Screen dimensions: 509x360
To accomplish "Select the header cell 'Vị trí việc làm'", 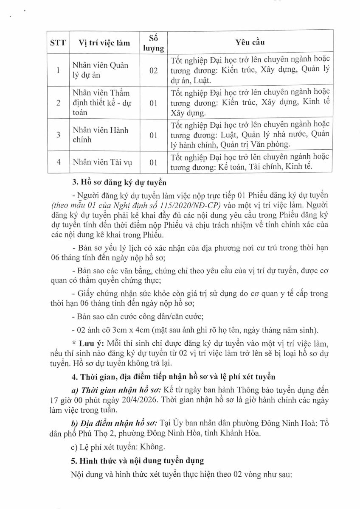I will click(x=104, y=42).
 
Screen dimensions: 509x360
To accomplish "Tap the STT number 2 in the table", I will click(x=58, y=103).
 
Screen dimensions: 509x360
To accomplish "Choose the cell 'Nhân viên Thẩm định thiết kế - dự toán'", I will click(x=100, y=103).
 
